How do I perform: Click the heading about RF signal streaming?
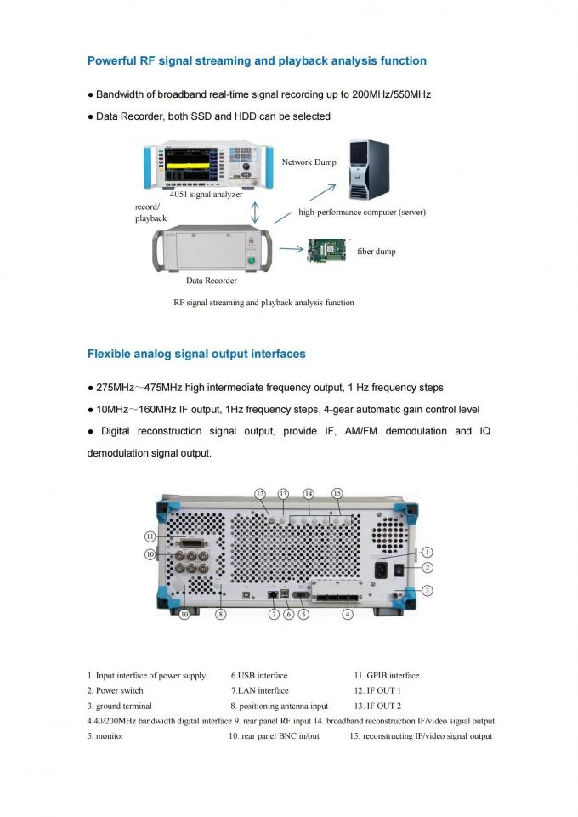click(257, 61)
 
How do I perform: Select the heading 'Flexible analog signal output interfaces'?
click(196, 355)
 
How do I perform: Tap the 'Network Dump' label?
click(309, 162)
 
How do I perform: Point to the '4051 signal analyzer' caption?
click(207, 195)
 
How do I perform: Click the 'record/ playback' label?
click(151, 213)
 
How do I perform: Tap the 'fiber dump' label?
click(377, 251)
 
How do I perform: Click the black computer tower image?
click(369, 169)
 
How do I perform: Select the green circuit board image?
click(327, 250)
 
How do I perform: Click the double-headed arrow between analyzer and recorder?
click(255, 213)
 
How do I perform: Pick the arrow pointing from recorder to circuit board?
click(291, 249)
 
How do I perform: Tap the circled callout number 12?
click(260, 494)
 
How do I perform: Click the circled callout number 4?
click(348, 615)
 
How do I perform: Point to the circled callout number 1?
click(427, 553)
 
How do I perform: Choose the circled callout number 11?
click(150, 536)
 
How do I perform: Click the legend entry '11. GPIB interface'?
click(387, 676)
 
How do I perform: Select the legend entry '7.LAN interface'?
click(260, 691)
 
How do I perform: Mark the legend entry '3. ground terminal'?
click(120, 706)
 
